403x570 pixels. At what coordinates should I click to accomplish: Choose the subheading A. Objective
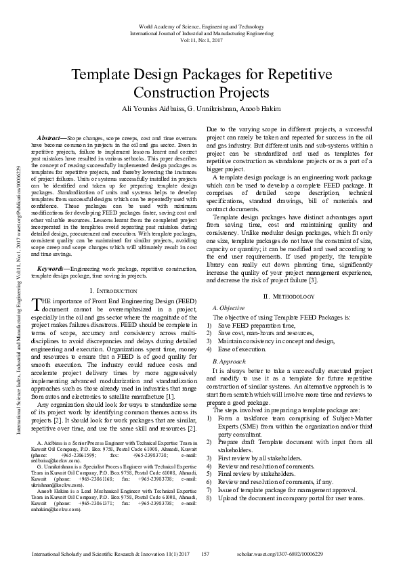coord(228,308)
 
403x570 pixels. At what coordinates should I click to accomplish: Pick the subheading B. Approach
coord(229,363)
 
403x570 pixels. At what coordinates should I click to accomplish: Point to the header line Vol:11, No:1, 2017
coord(201,40)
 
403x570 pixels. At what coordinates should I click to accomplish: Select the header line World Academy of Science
coord(201,24)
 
